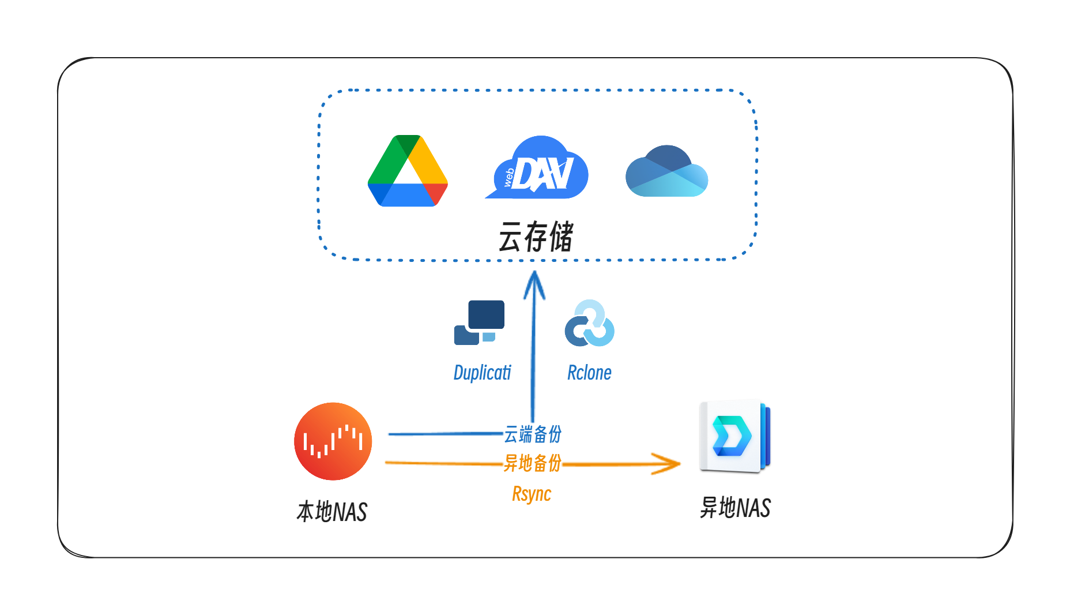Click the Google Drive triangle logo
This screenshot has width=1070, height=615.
[408, 171]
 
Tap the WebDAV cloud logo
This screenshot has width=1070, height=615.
[537, 168]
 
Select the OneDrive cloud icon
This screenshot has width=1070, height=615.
[666, 171]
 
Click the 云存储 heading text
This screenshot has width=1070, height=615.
[536, 237]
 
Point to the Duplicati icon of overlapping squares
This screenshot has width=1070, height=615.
[479, 322]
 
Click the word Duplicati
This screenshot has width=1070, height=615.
[482, 373]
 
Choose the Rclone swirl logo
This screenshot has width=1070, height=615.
[589, 324]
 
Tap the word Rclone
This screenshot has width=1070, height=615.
[589, 373]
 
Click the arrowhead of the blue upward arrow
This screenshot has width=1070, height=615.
[534, 283]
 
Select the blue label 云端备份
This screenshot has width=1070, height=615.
[533, 434]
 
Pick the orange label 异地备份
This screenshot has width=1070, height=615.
[532, 463]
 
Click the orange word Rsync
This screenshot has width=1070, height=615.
[532, 494]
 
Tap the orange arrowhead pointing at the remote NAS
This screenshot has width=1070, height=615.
[669, 463]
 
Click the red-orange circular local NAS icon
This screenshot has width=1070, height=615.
[333, 441]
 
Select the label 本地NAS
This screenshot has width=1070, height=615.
[331, 512]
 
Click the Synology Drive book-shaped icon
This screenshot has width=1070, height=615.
[734, 437]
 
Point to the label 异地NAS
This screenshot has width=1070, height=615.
[735, 508]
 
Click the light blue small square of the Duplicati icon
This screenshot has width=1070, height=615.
[489, 337]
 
